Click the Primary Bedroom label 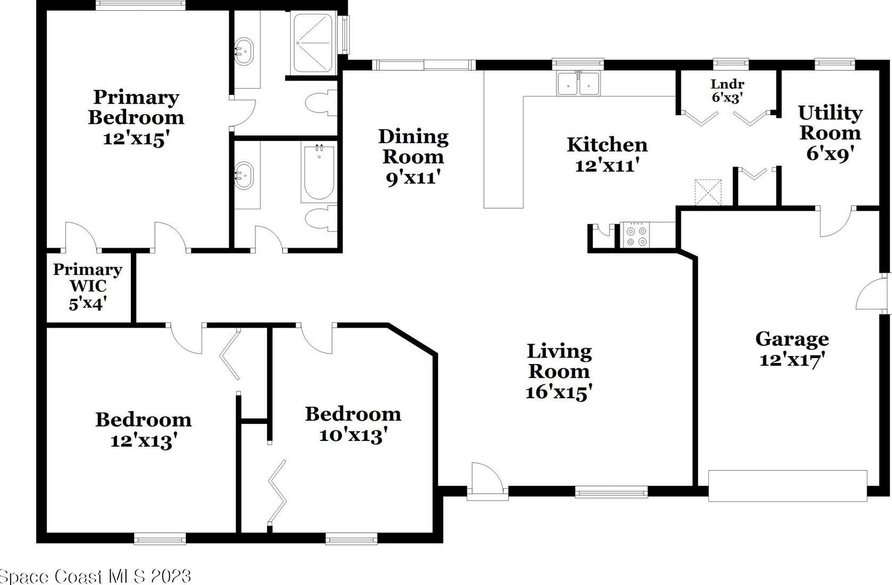point(136,118)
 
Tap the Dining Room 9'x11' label point(413,157)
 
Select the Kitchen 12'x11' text point(607,155)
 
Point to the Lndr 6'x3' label point(727,91)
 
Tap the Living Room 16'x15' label point(559,371)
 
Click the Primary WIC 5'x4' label point(88,286)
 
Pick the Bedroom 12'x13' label point(143,430)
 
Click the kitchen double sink point(578,84)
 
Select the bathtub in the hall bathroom point(319,173)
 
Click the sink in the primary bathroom point(244,51)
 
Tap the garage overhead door point(788,486)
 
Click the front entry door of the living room point(488,481)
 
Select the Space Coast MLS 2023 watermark point(96,576)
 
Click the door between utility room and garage point(835,222)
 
